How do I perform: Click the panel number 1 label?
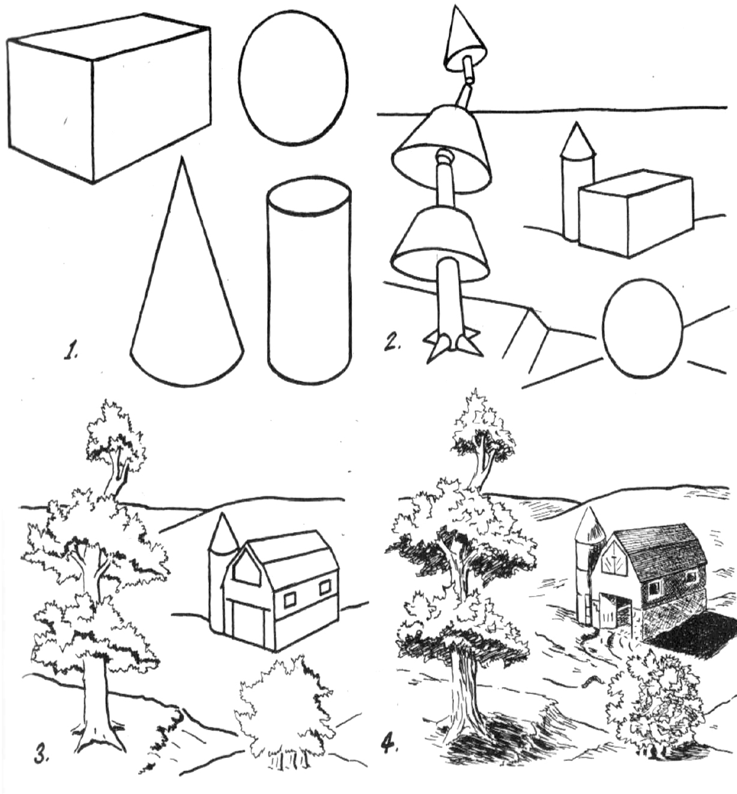pos(73,350)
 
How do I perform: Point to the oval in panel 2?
pos(643,327)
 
